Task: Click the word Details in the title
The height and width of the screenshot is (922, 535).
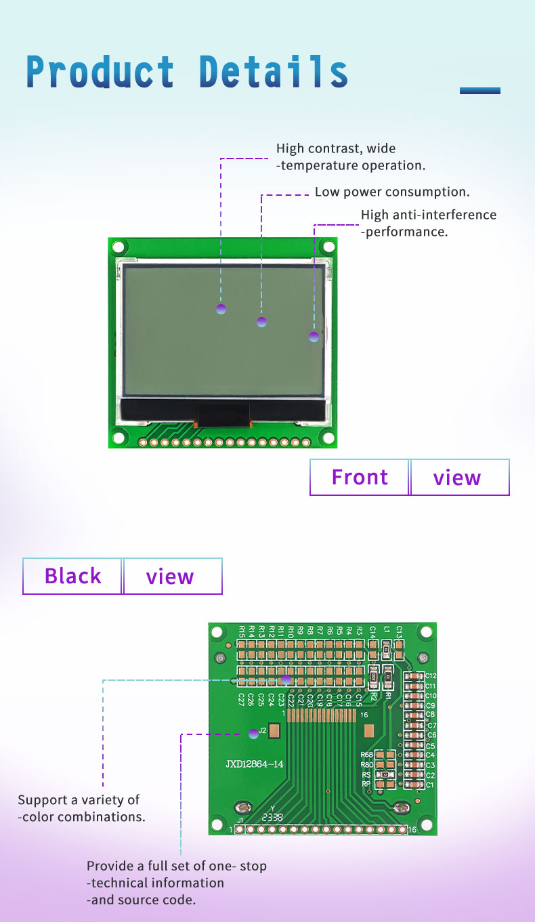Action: point(274,72)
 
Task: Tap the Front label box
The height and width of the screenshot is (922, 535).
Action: point(360,478)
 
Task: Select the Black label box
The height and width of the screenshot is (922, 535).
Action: point(72,576)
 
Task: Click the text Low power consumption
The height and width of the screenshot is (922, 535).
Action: point(392,192)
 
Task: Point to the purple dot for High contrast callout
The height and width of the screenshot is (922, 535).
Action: point(221,309)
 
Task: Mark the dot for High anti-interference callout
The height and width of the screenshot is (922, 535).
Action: point(314,337)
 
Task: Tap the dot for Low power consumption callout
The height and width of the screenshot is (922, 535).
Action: point(262,322)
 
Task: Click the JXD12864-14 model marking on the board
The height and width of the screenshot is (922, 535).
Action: point(255,764)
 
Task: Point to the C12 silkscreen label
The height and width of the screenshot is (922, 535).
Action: point(431,676)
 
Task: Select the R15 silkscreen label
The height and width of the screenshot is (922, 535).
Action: point(242,632)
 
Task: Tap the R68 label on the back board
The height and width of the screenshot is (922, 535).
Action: point(366,755)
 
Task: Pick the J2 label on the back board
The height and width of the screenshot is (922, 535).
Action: point(263,730)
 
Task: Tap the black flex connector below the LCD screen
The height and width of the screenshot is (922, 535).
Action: point(223,415)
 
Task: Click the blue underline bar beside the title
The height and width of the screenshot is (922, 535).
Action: point(479,91)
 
